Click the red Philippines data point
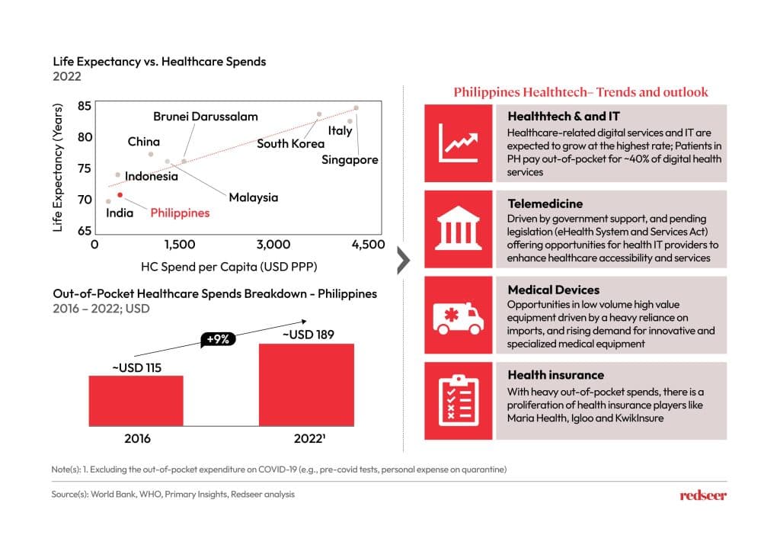pos(120,195)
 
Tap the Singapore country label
pos(350,160)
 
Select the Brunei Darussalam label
pos(206,117)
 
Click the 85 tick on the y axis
pos(85,106)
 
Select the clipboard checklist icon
pos(458,399)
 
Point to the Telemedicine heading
pos(545,203)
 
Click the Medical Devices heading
pos(553,290)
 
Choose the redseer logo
pos(702,495)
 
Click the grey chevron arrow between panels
pos(404,260)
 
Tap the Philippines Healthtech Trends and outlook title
pos(580,92)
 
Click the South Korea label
pos(290,143)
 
